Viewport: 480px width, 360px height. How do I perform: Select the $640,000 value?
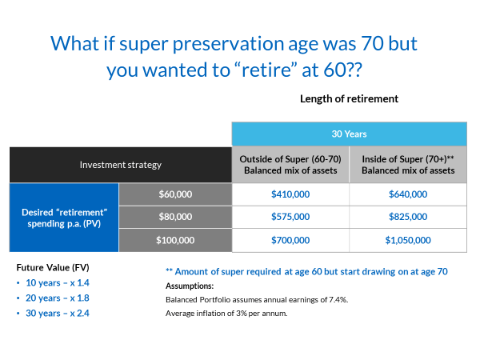click(408, 194)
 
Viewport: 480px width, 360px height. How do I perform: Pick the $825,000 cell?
click(408, 216)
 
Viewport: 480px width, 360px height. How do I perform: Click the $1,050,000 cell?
click(408, 239)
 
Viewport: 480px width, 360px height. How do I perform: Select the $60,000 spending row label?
click(175, 194)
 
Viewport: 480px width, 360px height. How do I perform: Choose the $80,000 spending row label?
click(175, 216)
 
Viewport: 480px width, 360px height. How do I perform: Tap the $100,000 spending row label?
click(175, 239)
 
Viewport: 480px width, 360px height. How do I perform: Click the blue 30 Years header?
click(349, 134)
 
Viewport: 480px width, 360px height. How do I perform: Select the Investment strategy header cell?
click(121, 165)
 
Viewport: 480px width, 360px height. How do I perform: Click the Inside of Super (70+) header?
click(408, 164)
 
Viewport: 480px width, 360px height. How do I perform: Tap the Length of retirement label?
click(349, 98)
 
